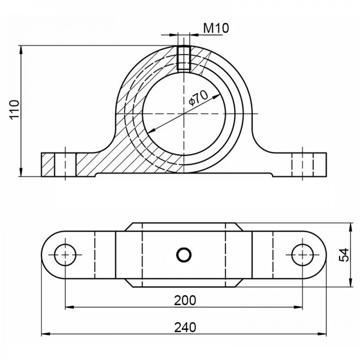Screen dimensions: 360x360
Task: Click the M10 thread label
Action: pyautogui.click(x=216, y=28)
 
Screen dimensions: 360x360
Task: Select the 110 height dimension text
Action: pyautogui.click(x=14, y=109)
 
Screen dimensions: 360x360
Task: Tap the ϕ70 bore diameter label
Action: pyautogui.click(x=198, y=98)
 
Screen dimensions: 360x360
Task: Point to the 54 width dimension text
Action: pyautogui.click(x=344, y=255)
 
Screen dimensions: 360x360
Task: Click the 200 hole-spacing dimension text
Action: pyautogui.click(x=185, y=301)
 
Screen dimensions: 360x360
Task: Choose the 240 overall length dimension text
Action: pyautogui.click(x=185, y=327)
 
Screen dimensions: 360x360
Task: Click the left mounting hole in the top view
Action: pyautogui.click(x=65, y=255)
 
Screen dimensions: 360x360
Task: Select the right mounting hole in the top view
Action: pyautogui.click(x=303, y=255)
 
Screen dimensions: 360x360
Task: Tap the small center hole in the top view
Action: pyautogui.click(x=184, y=255)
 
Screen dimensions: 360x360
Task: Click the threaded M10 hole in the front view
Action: pyautogui.click(x=184, y=58)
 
